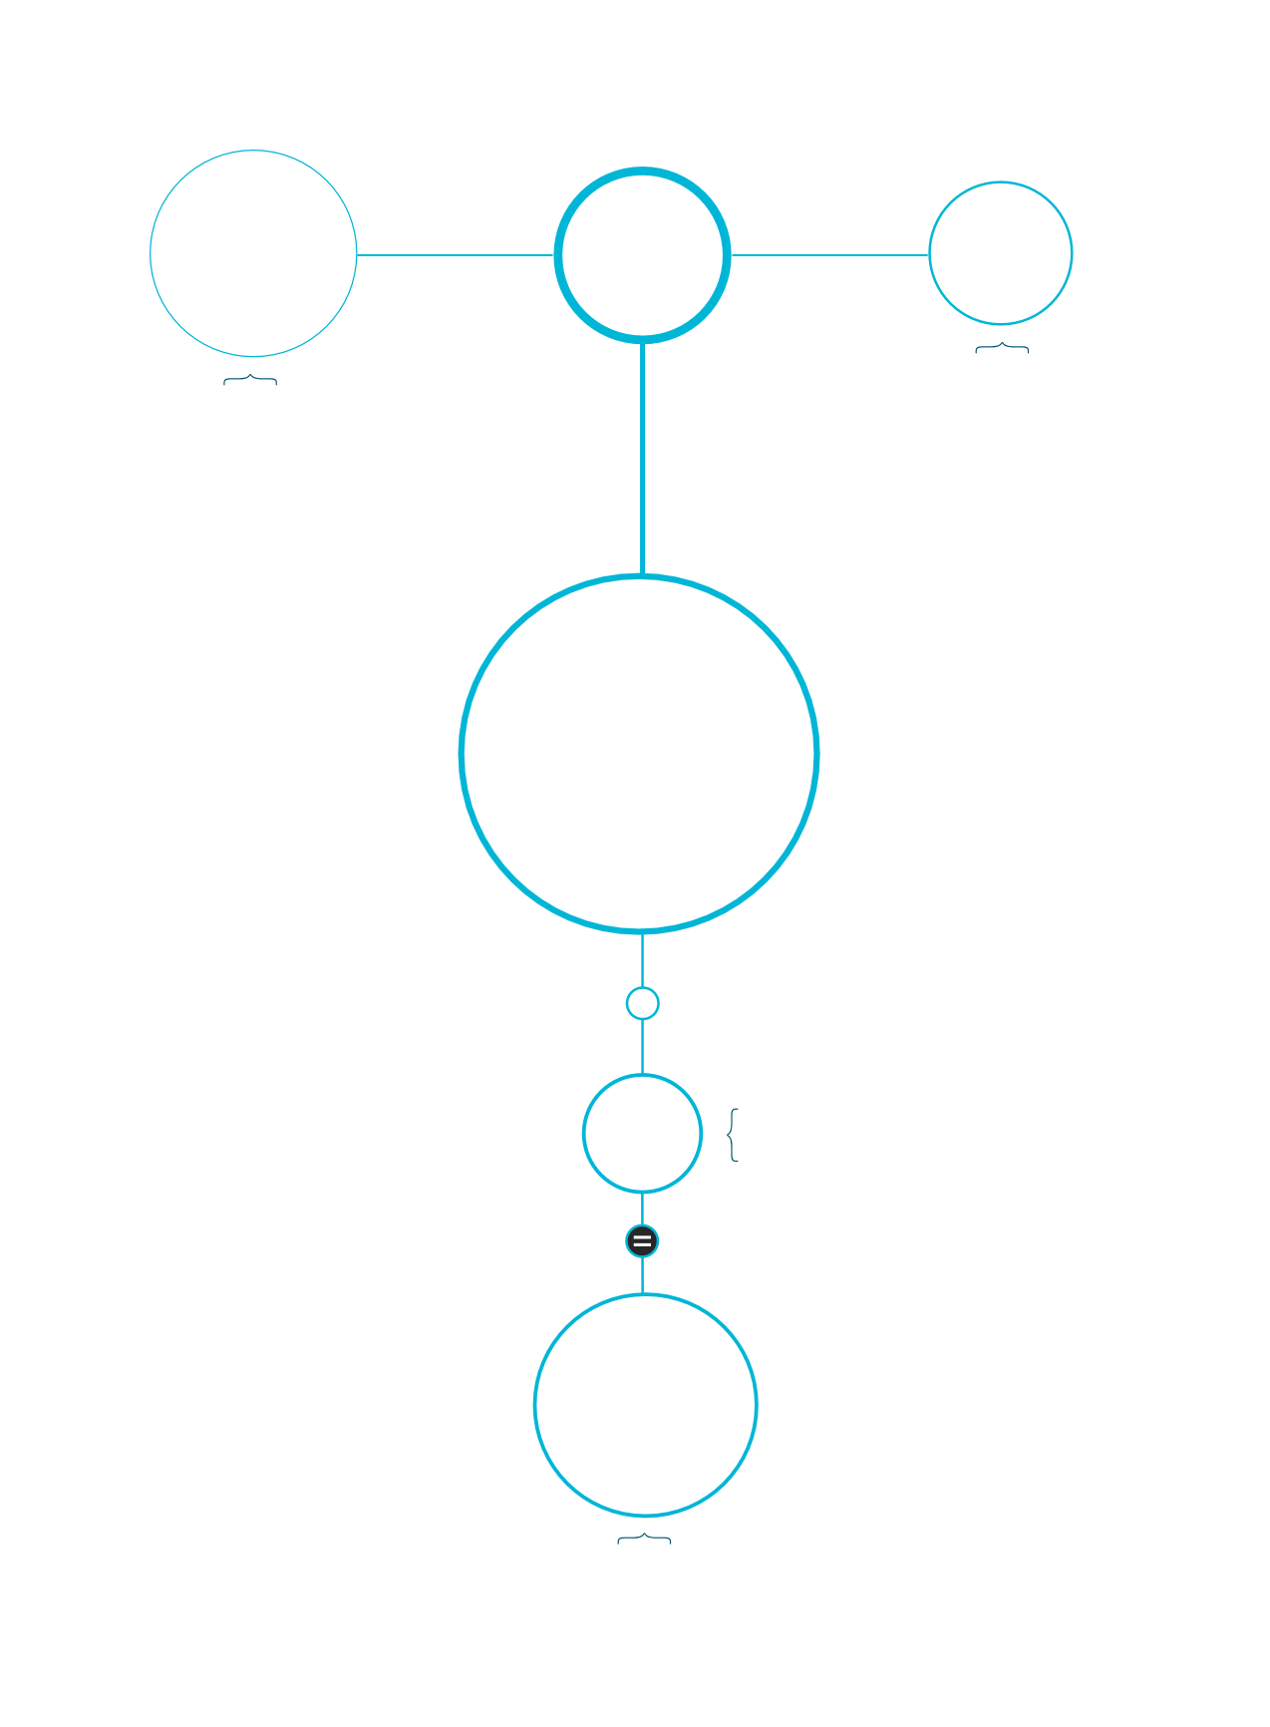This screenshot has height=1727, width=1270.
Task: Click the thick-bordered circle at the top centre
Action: [x=643, y=255]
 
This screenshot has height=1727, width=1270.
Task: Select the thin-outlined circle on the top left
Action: [x=253, y=253]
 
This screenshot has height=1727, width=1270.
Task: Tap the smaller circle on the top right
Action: [x=1001, y=253]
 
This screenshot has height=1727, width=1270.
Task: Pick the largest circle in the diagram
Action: [x=639, y=754]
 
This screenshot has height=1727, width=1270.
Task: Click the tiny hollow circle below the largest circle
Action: [x=642, y=1003]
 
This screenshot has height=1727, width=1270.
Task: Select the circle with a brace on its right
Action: [x=642, y=1134]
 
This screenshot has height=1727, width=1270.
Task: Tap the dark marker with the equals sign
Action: [x=642, y=1241]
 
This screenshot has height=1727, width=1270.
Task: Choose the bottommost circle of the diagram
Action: [x=646, y=1405]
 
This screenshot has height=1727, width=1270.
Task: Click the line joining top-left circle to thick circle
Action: [x=455, y=255]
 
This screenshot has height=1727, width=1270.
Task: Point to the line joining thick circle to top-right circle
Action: [x=829, y=255]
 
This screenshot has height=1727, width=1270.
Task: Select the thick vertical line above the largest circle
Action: [x=643, y=459]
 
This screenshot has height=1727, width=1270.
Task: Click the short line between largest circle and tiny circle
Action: [x=642, y=959]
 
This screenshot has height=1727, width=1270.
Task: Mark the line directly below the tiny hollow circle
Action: [x=642, y=1047]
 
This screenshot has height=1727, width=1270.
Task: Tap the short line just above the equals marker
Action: [x=642, y=1209]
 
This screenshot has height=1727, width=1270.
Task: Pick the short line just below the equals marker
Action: [x=642, y=1276]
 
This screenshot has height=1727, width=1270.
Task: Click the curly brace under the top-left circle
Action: [x=250, y=380]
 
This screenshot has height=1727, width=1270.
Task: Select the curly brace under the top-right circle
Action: [x=1002, y=348]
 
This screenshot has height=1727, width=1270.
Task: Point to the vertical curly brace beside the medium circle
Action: [x=734, y=1135]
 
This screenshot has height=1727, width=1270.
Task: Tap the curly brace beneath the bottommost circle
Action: [x=644, y=1540]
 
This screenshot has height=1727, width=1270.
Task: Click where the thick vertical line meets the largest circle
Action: [x=643, y=576]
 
